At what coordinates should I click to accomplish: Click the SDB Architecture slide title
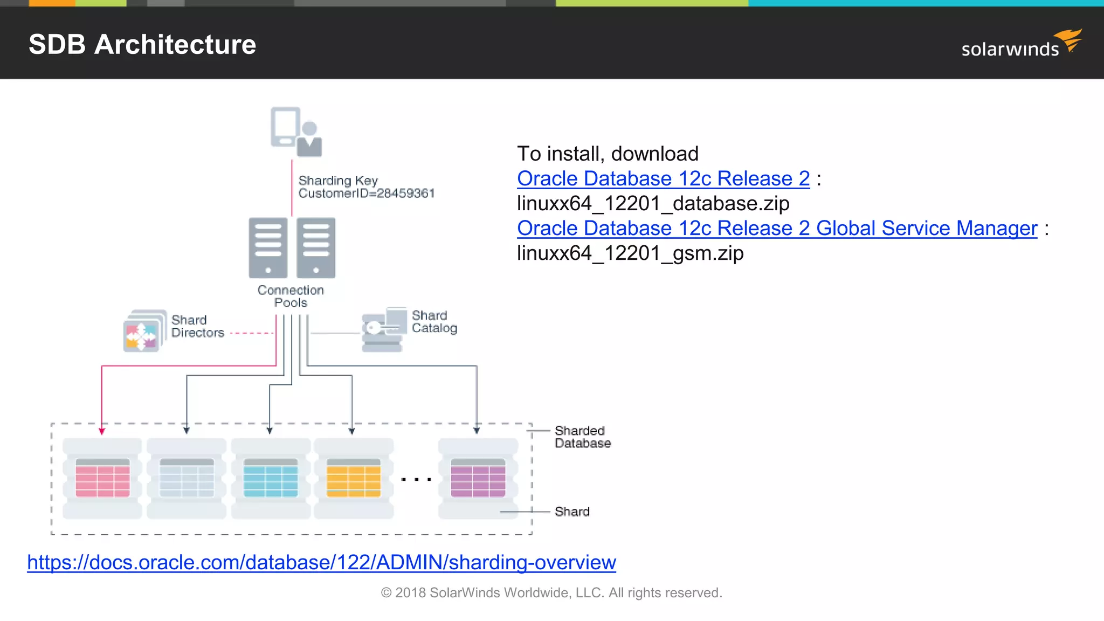[x=142, y=44]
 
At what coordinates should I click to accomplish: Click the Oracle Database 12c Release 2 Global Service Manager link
[x=777, y=228]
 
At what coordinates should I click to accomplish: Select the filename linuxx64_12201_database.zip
[x=653, y=203]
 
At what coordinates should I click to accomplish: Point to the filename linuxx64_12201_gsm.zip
[x=630, y=253]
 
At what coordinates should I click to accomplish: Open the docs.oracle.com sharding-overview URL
[x=321, y=562]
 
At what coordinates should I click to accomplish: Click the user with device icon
[x=296, y=132]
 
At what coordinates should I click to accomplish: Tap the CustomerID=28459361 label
[x=367, y=193]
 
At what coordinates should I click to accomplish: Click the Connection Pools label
[x=291, y=296]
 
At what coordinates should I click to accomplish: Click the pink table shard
[x=102, y=478]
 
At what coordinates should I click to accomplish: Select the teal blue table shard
[x=271, y=478]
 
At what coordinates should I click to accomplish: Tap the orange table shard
[x=354, y=478]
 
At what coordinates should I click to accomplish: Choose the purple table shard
[x=478, y=478]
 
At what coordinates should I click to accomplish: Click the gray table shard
[x=187, y=478]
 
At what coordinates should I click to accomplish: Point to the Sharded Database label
[x=582, y=437]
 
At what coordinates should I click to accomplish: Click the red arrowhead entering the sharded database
[x=102, y=431]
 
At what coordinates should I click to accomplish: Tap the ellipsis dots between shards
[x=416, y=479]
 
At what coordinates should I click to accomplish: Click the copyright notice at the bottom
[x=551, y=592]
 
